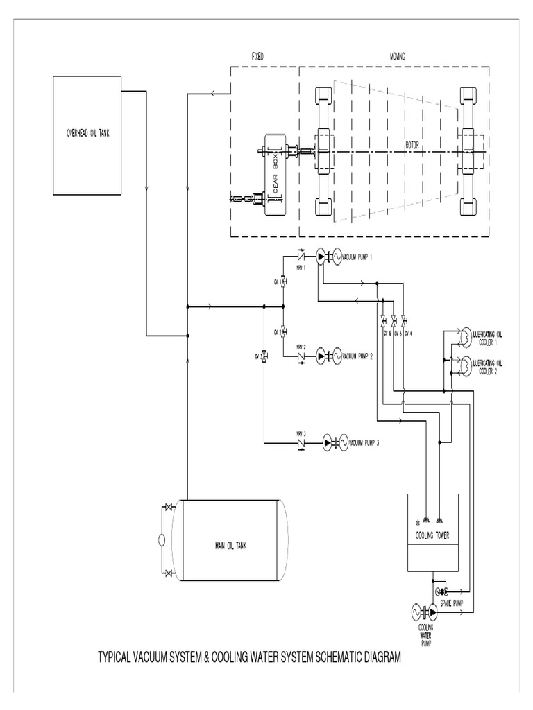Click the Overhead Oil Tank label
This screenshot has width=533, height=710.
(83, 133)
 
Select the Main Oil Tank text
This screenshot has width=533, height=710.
(230, 545)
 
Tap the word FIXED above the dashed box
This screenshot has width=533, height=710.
(257, 55)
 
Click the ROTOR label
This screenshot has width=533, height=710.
(414, 146)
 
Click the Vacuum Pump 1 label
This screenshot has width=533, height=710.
(358, 257)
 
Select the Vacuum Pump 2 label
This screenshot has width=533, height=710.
(358, 356)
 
